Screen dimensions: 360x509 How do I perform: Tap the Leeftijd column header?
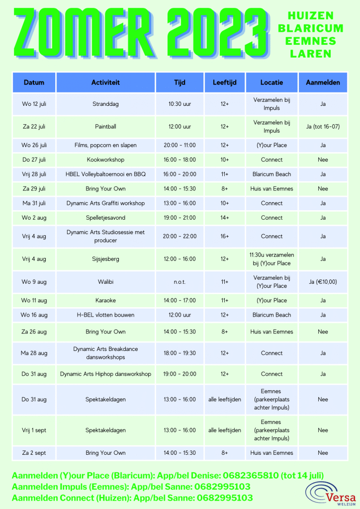[224, 83]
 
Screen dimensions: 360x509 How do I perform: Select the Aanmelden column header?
[323, 83]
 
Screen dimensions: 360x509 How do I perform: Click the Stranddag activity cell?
[105, 104]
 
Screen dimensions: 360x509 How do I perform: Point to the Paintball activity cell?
[105, 127]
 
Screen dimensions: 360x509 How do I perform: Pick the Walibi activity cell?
[105, 282]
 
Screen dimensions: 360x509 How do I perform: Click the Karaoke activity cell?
[105, 300]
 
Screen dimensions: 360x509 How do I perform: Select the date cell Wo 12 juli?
[34, 104]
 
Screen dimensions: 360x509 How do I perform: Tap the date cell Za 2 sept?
[34, 453]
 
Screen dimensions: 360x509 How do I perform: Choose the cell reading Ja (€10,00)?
[323, 282]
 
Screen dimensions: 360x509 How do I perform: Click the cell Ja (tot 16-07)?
[323, 127]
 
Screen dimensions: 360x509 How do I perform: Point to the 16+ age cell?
[224, 236]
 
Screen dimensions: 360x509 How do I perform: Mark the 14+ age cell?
[224, 218]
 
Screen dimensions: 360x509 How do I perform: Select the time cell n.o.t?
[180, 282]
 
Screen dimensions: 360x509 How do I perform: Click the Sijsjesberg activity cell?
[105, 259]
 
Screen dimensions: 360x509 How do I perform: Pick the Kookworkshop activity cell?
[105, 160]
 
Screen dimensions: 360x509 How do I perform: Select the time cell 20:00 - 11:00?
[180, 145]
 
